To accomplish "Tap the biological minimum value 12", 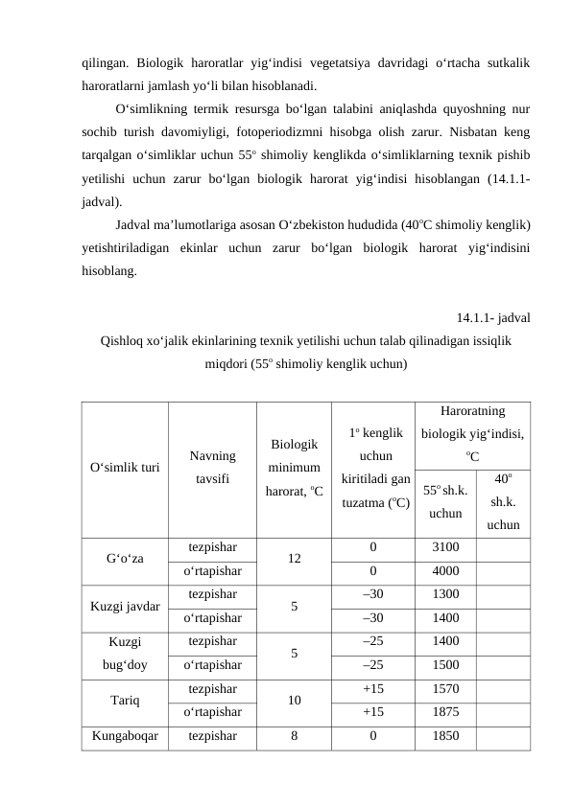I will (295, 560).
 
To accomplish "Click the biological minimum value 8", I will (295, 736).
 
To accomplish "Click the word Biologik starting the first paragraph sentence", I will (167, 62).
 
